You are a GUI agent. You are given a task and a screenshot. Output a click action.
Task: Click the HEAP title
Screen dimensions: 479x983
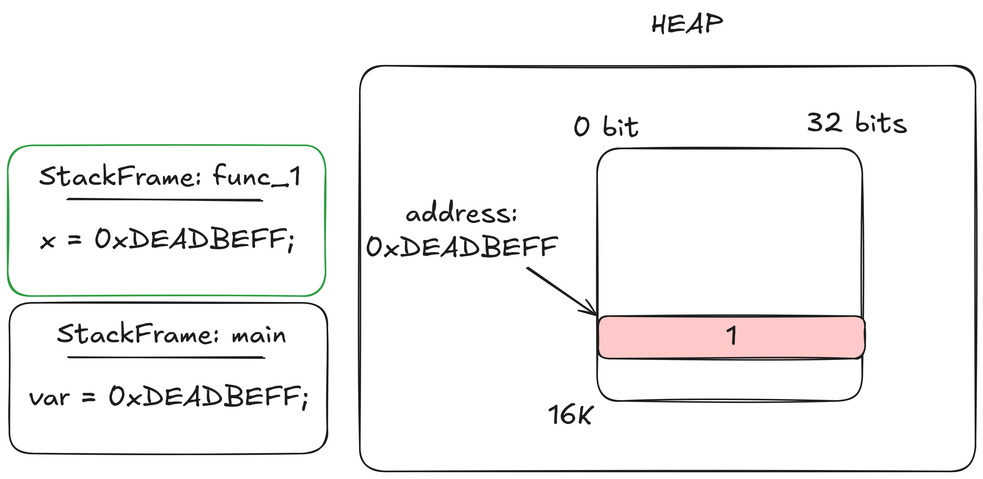pyautogui.click(x=687, y=24)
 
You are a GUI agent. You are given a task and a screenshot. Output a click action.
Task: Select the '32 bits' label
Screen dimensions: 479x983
pyautogui.click(x=857, y=123)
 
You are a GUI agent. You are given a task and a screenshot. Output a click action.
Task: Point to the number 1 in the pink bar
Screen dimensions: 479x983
pyautogui.click(x=731, y=336)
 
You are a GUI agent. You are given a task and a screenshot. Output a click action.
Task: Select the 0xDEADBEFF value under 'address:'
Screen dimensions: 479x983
pyautogui.click(x=462, y=246)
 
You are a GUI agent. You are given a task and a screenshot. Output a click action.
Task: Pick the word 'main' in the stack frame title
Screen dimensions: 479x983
pyautogui.click(x=259, y=336)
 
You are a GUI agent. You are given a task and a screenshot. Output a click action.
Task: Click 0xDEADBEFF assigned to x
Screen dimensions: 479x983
pyautogui.click(x=194, y=239)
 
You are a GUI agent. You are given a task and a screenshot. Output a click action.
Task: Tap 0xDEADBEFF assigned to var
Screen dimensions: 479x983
pyautogui.click(x=208, y=397)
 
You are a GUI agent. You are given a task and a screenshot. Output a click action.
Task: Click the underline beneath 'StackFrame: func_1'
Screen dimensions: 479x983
pyautogui.click(x=164, y=199)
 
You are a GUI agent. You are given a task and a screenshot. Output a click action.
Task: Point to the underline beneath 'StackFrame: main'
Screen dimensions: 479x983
pyautogui.click(x=166, y=357)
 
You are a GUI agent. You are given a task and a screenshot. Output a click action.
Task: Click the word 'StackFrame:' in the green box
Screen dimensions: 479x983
pyautogui.click(x=120, y=176)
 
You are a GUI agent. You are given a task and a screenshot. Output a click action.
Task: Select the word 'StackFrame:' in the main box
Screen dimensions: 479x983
pyautogui.click(x=138, y=334)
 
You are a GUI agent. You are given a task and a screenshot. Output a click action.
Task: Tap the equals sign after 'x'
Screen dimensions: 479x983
pyautogui.click(x=74, y=240)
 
